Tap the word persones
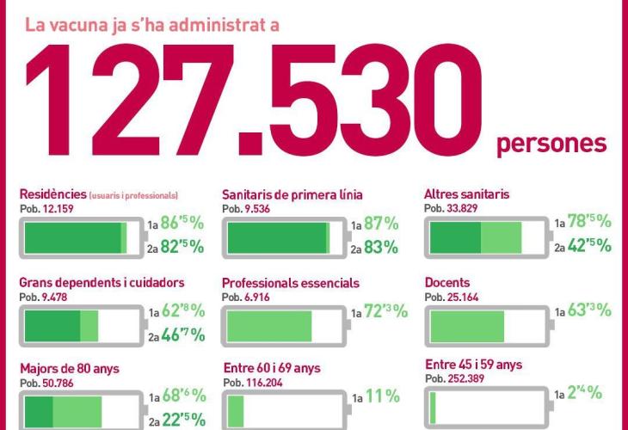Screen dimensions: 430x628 point(551,142)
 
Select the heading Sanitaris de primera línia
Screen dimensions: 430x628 point(292,195)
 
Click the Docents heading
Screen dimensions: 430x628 point(447,282)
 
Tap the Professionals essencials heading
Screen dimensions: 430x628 point(291,282)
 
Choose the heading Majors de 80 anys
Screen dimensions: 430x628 point(70,369)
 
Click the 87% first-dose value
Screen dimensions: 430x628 point(380,224)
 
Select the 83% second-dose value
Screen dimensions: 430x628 point(380,248)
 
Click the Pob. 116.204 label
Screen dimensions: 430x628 point(255,381)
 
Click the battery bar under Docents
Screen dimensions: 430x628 point(486,324)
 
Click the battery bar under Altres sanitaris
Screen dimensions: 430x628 point(486,236)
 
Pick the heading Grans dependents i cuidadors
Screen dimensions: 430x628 point(102,282)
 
